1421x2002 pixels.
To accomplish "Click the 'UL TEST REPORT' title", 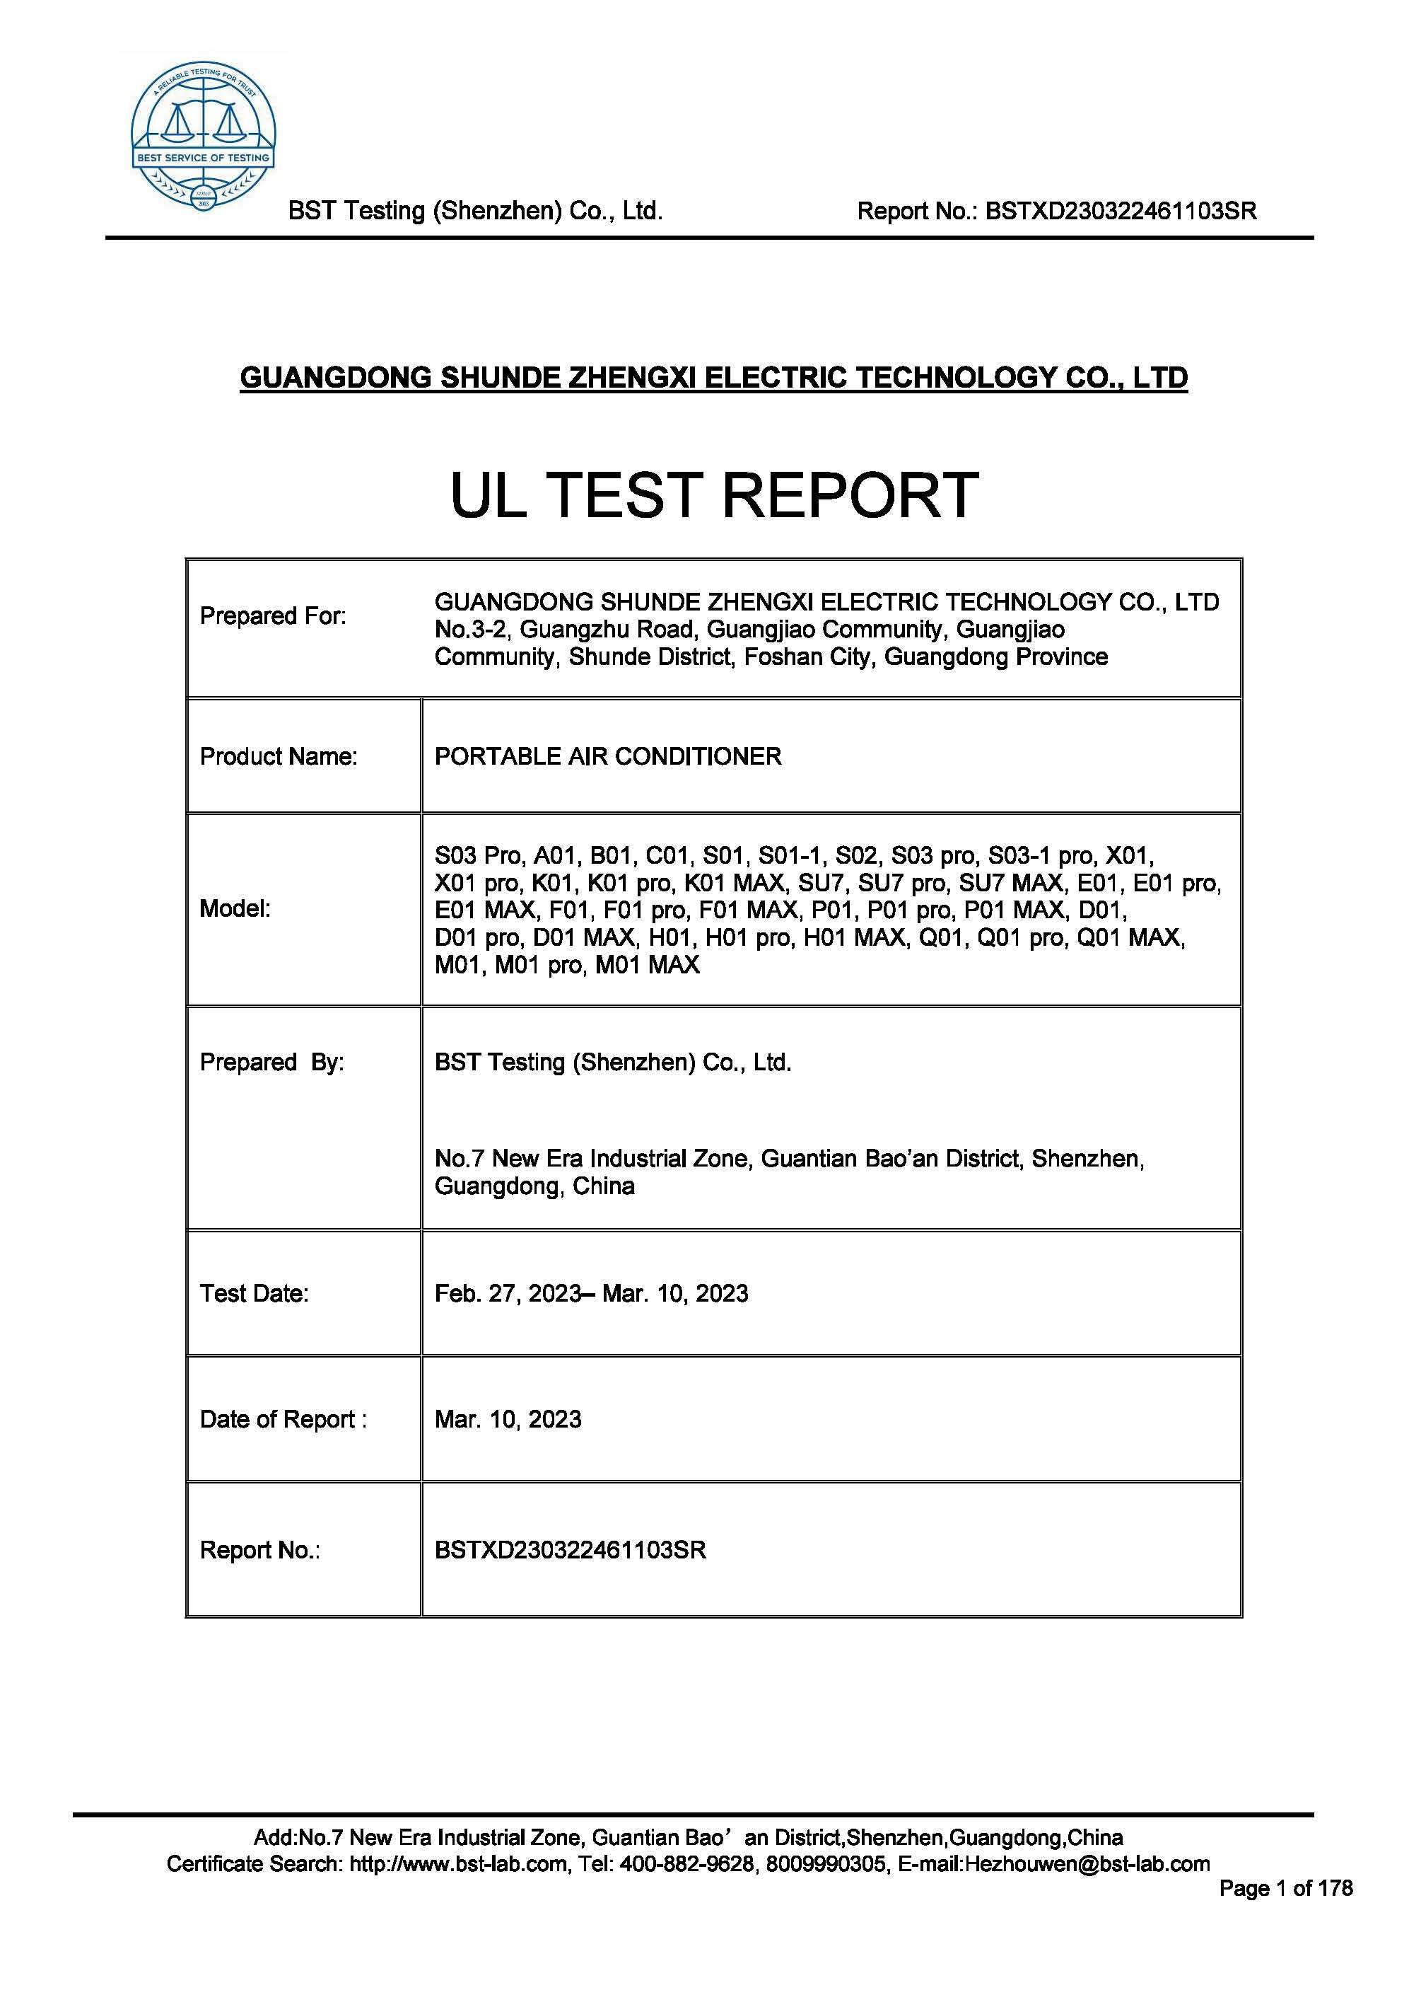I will coord(713,494).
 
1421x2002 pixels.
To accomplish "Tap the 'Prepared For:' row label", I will coord(273,616).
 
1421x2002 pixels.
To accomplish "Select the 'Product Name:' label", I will coord(279,756).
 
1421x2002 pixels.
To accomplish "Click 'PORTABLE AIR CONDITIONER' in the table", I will coord(607,756).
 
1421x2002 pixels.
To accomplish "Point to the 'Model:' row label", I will coord(235,908).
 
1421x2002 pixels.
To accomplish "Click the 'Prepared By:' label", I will coord(271,1062).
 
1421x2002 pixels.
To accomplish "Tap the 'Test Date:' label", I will coord(254,1294).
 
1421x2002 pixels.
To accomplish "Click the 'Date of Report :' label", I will coord(283,1419).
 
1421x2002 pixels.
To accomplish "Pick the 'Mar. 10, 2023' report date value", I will coord(508,1419).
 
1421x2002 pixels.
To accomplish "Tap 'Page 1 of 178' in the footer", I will coord(1285,1888).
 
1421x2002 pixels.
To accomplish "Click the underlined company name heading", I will coord(713,378).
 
